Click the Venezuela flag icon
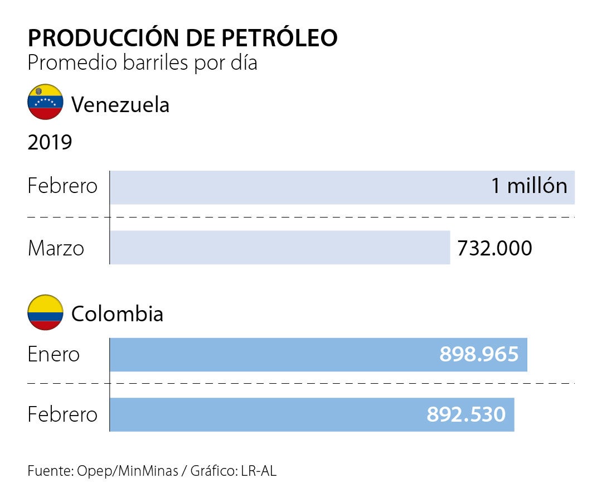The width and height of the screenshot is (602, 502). pyautogui.click(x=45, y=102)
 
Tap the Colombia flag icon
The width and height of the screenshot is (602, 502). pyautogui.click(x=45, y=313)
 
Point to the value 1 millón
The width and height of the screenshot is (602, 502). pyautogui.click(x=529, y=186)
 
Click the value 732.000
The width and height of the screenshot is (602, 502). pyautogui.click(x=494, y=248)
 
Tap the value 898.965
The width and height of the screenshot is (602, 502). pyautogui.click(x=479, y=354)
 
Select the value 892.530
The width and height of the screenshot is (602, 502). pyautogui.click(x=466, y=414)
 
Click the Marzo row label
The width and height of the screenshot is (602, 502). pyautogui.click(x=56, y=248)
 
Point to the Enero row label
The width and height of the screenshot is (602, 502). pyautogui.click(x=54, y=355)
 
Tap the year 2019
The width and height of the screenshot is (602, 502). pyautogui.click(x=50, y=143)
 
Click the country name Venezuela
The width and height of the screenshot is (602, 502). pyautogui.click(x=120, y=104)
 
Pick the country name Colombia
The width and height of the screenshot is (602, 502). pyautogui.click(x=117, y=314)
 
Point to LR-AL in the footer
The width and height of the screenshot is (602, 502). pyautogui.click(x=259, y=471)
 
